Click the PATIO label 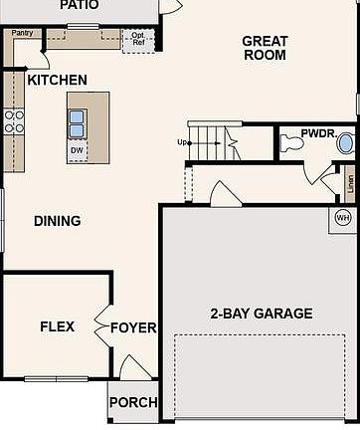(79, 5)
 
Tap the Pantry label (22, 33)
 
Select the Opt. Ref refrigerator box (137, 39)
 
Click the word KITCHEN (57, 80)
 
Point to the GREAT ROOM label (265, 48)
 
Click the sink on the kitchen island (77, 122)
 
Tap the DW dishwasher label (77, 150)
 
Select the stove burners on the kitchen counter (15, 120)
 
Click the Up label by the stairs (183, 142)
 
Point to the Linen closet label (350, 184)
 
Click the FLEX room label (57, 326)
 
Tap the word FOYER (133, 327)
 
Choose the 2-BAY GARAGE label (261, 314)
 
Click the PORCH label (132, 403)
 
